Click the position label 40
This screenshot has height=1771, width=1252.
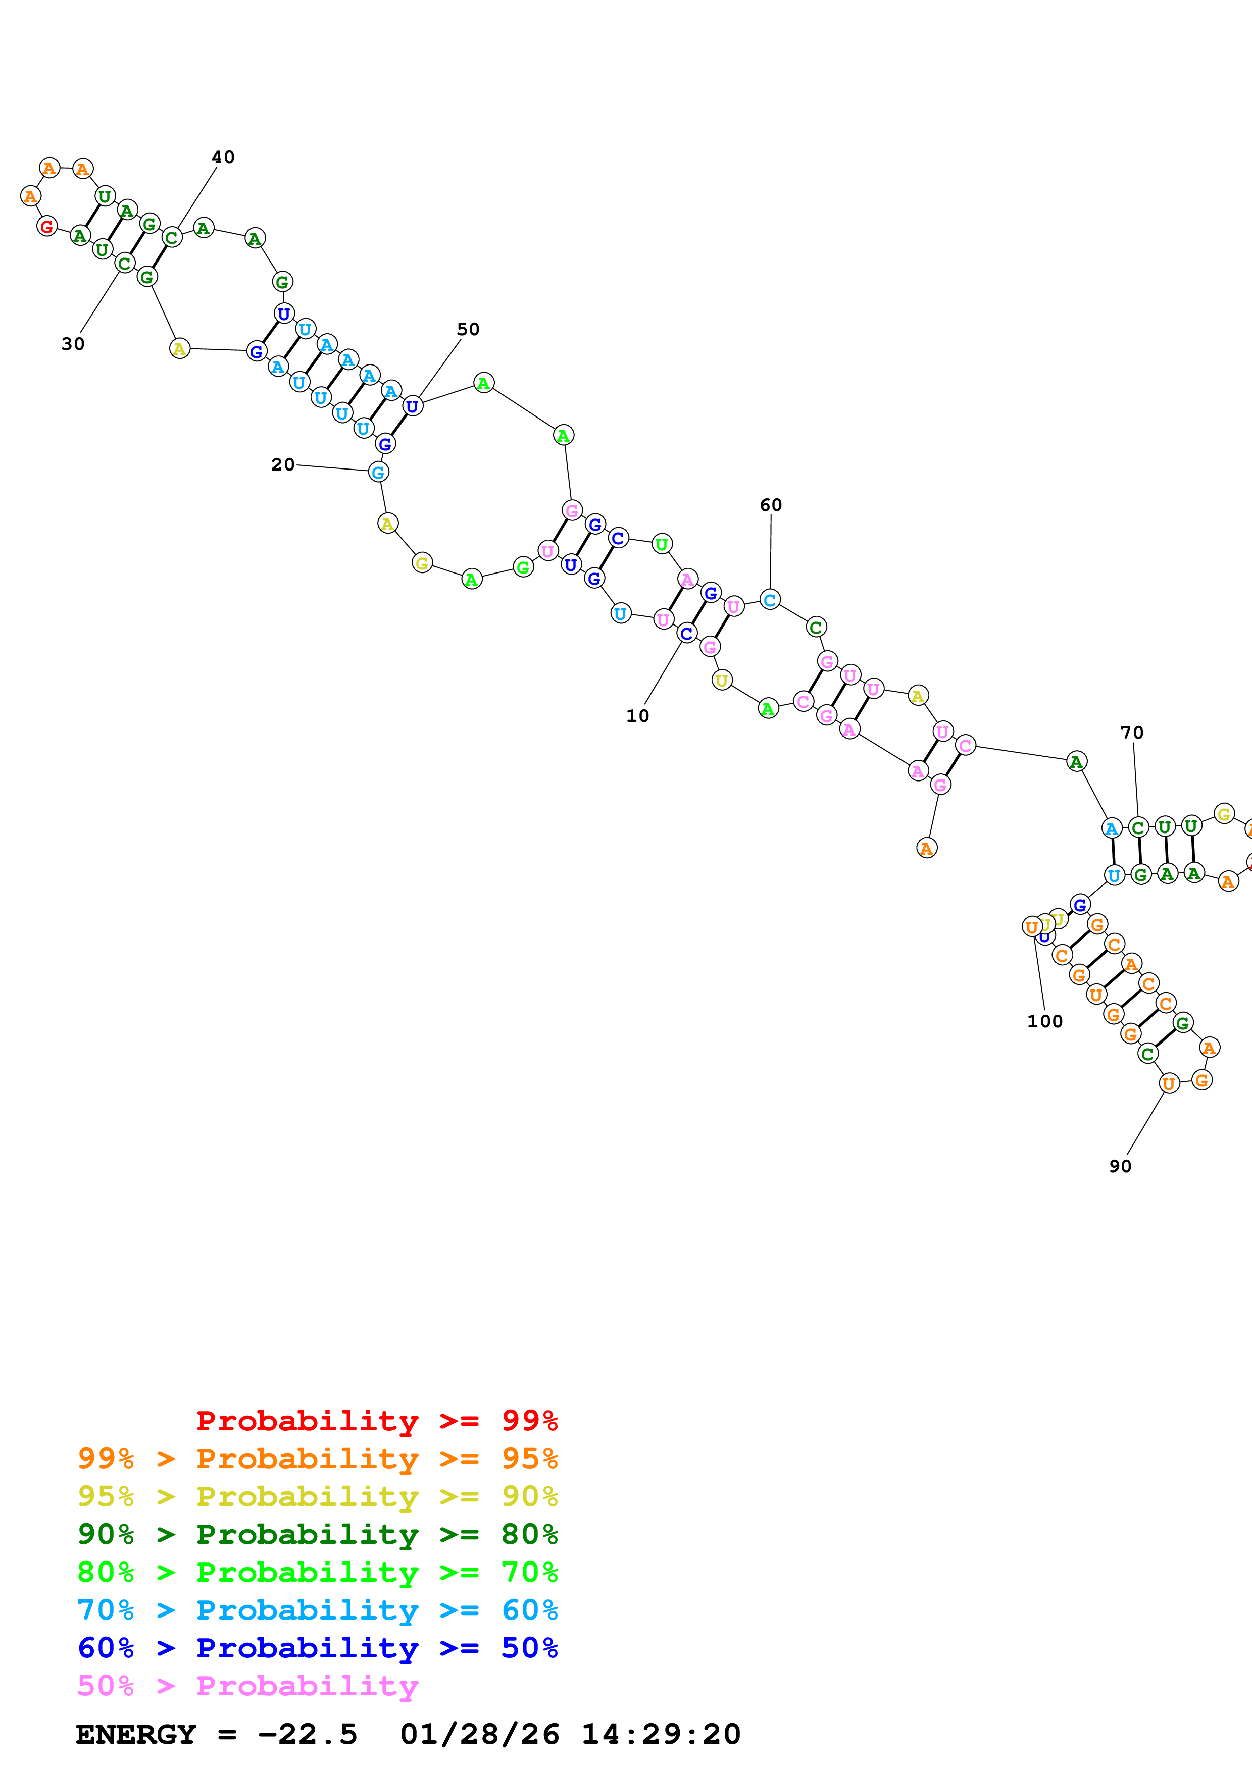point(223,158)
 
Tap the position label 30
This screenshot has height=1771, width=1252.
point(73,344)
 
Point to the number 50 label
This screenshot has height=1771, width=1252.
point(468,329)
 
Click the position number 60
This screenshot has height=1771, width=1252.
point(771,505)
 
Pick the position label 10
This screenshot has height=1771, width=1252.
point(638,716)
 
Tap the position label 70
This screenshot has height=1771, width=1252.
point(1132,733)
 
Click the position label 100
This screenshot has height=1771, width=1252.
point(1044,1021)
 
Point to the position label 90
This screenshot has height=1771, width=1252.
point(1120,1166)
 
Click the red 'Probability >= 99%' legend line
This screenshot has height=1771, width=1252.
point(376,1421)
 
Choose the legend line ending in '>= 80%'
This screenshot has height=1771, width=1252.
point(317,1534)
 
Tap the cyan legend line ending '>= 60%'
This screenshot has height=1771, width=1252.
point(317,1610)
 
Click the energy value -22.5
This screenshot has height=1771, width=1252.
point(307,1735)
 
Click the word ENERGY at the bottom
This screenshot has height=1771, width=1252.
point(136,1735)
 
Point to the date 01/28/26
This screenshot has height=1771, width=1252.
point(480,1735)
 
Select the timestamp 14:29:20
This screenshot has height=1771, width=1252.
point(661,1735)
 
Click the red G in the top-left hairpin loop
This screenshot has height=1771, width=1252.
point(47,226)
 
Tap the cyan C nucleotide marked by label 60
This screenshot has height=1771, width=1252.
point(770,599)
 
